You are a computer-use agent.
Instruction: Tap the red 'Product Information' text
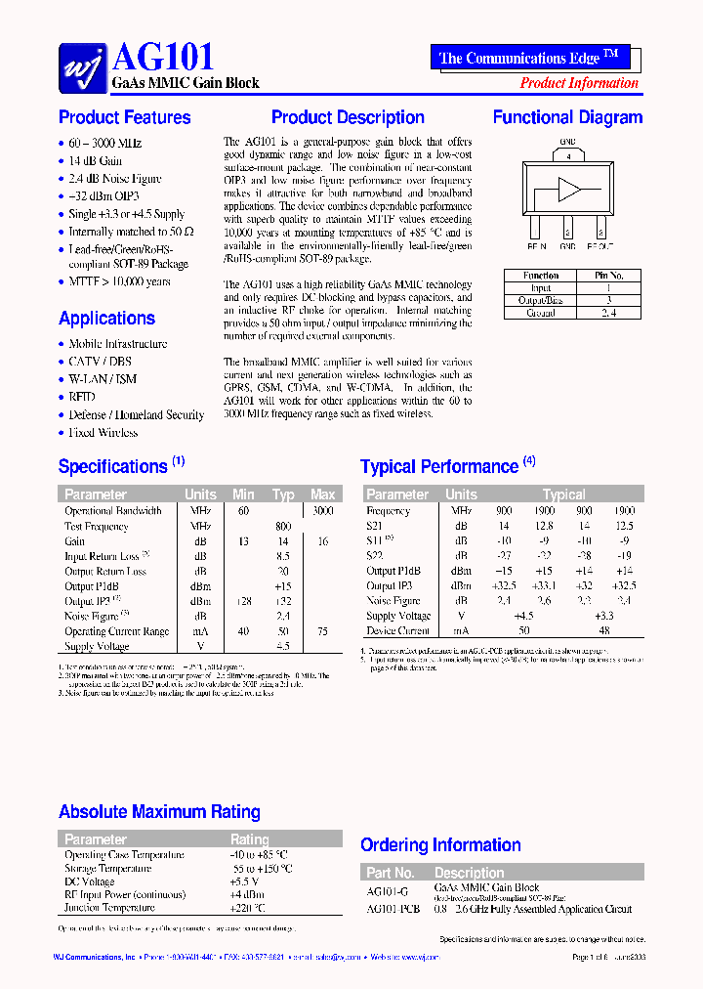(x=579, y=83)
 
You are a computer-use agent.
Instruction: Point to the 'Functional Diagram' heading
(x=567, y=117)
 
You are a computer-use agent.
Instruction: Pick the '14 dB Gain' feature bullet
(x=96, y=161)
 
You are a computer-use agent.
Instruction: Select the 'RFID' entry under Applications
(x=82, y=397)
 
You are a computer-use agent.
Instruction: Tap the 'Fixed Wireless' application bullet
(x=103, y=432)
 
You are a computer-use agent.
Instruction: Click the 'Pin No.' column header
(x=608, y=276)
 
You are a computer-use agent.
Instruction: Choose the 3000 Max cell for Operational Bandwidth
(x=322, y=511)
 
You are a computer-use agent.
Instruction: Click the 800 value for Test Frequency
(x=283, y=527)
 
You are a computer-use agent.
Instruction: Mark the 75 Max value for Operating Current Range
(x=322, y=631)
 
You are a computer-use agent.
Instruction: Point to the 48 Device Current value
(x=604, y=631)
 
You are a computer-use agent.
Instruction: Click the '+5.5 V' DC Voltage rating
(x=245, y=881)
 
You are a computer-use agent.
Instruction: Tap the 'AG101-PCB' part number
(x=393, y=909)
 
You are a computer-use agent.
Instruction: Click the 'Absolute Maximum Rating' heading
(x=159, y=812)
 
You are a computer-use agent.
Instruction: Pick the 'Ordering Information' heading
(x=440, y=845)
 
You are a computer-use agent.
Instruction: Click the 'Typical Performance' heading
(x=439, y=467)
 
